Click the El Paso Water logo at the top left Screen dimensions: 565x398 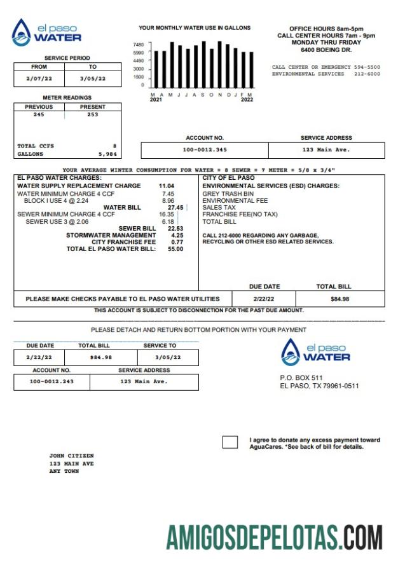46,32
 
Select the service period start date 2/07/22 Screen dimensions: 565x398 39,79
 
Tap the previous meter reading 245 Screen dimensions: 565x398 39,115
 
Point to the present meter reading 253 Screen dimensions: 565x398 93,115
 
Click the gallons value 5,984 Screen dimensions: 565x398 107,154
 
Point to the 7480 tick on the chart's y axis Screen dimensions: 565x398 139,44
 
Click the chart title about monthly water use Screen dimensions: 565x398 195,28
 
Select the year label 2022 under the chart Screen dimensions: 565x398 247,100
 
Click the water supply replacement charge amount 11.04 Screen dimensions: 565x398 166,186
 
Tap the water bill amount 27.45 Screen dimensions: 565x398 175,207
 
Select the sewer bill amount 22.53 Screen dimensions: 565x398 175,228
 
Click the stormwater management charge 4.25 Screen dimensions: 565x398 177,235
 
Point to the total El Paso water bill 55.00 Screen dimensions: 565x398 175,249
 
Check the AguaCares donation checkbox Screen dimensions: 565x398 230,442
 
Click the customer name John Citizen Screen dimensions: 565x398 71,456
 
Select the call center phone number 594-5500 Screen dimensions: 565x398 367,67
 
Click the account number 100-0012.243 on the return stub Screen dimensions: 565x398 51,381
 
